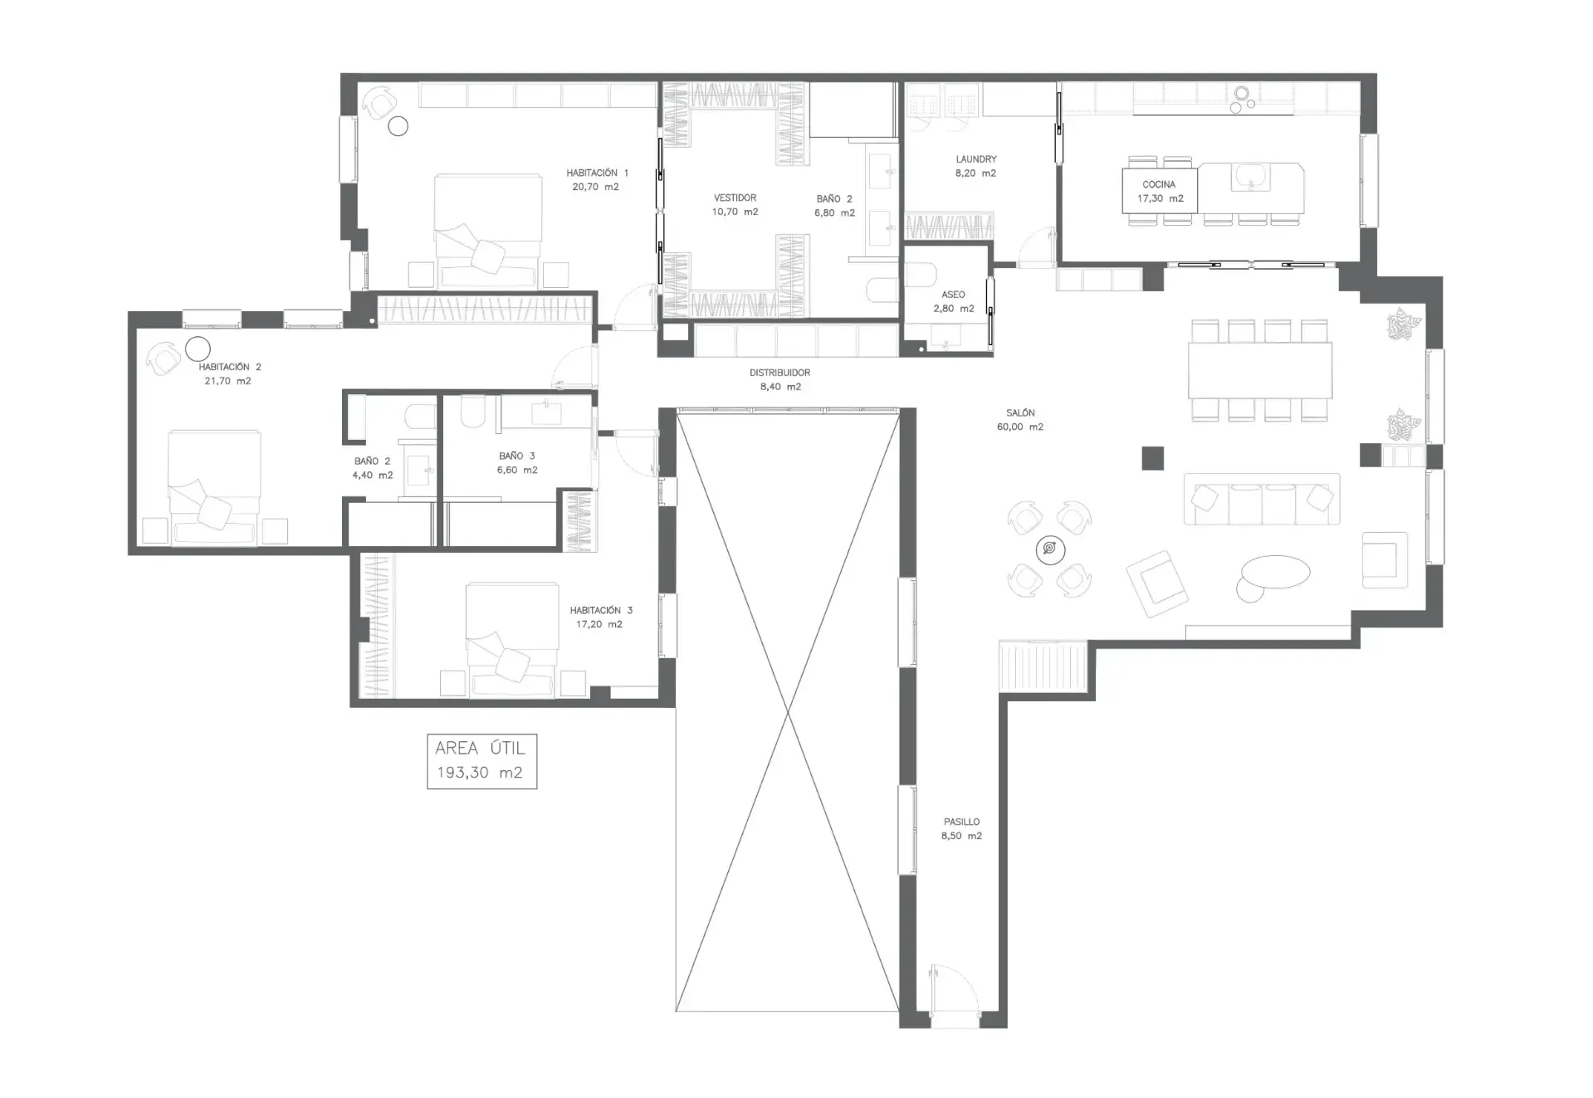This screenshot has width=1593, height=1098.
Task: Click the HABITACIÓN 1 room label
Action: (597, 173)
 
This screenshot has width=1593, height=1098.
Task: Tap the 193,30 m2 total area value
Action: (480, 773)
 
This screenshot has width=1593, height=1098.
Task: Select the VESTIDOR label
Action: (735, 198)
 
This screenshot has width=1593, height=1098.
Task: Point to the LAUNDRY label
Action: (975, 159)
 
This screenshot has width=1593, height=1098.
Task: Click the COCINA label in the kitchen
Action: (1159, 184)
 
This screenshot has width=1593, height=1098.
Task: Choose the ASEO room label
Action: (953, 295)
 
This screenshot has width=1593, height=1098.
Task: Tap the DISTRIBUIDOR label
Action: (779, 373)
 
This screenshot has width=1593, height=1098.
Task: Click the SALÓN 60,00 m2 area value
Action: (1020, 427)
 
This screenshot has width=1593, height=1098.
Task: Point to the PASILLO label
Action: (961, 822)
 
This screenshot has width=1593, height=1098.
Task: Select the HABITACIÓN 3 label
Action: (601, 610)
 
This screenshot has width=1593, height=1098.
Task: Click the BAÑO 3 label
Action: (516, 456)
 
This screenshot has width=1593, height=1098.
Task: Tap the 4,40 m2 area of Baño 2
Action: (373, 476)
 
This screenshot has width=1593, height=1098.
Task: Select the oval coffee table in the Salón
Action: (1275, 572)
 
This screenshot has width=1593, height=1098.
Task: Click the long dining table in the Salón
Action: (1260, 370)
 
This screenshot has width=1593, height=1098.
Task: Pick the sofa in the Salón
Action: (1262, 499)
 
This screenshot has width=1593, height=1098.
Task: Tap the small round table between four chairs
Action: (1050, 549)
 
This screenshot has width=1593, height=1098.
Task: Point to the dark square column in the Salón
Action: (1152, 458)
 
